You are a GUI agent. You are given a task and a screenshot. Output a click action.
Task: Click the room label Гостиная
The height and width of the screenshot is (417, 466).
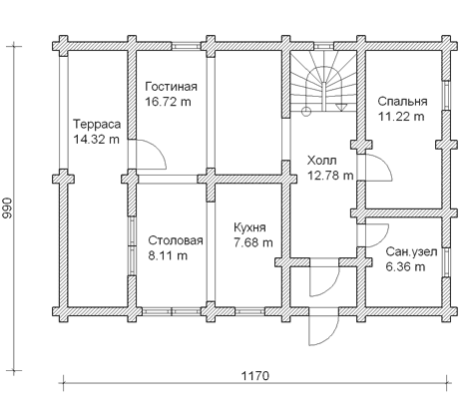point(171,87)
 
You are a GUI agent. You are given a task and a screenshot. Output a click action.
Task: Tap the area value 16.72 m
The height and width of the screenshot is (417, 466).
point(168,102)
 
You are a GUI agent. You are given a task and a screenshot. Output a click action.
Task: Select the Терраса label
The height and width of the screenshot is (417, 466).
point(97,125)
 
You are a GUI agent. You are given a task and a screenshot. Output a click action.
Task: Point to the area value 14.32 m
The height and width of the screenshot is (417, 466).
point(96,140)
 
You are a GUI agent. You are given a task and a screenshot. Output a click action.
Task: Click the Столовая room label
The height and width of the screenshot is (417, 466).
point(176,240)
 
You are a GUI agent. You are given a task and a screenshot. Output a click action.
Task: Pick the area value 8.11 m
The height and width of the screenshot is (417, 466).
point(168,255)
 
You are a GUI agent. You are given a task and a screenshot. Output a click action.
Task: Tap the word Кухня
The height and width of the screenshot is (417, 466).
point(249,227)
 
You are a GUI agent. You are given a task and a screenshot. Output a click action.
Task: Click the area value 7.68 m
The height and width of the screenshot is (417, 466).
point(253,242)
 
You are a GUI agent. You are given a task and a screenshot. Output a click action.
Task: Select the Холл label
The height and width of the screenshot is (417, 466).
point(321,161)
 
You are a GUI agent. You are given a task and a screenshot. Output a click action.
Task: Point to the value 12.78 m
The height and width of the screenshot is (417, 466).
point(330,175)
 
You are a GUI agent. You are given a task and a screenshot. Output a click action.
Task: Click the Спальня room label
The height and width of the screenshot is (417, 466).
point(402,102)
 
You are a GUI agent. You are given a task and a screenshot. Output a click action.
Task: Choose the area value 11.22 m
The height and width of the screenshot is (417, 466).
point(401,117)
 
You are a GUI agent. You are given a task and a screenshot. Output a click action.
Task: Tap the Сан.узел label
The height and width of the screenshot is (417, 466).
point(411,252)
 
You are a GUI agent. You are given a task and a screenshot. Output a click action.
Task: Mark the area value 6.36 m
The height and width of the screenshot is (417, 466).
point(405,267)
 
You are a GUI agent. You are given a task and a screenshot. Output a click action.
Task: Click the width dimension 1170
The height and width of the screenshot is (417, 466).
point(254,376)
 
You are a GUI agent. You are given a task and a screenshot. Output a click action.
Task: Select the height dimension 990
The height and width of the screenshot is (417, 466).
point(7,208)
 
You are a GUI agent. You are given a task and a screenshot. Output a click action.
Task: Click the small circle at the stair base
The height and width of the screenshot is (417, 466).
point(305,112)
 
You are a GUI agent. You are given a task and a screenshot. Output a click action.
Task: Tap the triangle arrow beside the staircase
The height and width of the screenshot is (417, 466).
point(340,107)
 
